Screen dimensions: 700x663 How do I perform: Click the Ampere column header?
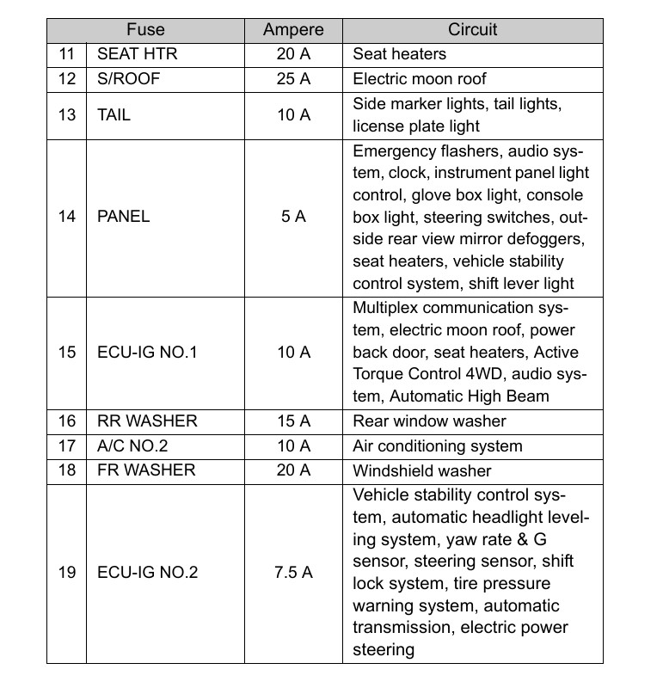point(293,29)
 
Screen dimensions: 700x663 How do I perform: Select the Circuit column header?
point(472,29)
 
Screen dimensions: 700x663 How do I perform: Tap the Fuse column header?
point(145,29)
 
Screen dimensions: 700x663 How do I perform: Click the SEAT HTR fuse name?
point(138,54)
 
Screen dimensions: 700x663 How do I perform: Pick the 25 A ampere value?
point(293,79)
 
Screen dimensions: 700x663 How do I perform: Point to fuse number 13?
point(67,114)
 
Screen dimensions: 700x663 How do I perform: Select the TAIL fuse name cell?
point(114,114)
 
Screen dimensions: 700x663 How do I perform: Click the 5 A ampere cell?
point(293,217)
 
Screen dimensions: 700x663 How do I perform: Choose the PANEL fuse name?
point(124,217)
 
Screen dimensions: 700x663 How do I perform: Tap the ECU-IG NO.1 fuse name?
point(147,353)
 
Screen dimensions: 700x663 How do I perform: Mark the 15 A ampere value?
point(293,421)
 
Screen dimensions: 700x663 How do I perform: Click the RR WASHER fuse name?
point(147,421)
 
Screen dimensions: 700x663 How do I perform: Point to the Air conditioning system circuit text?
point(437,446)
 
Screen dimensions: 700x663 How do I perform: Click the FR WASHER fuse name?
point(146,470)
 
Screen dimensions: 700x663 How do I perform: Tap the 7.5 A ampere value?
point(293,572)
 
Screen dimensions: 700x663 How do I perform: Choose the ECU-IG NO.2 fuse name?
point(147,572)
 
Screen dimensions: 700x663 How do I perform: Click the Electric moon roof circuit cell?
point(420,79)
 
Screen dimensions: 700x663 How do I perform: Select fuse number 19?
point(67,572)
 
